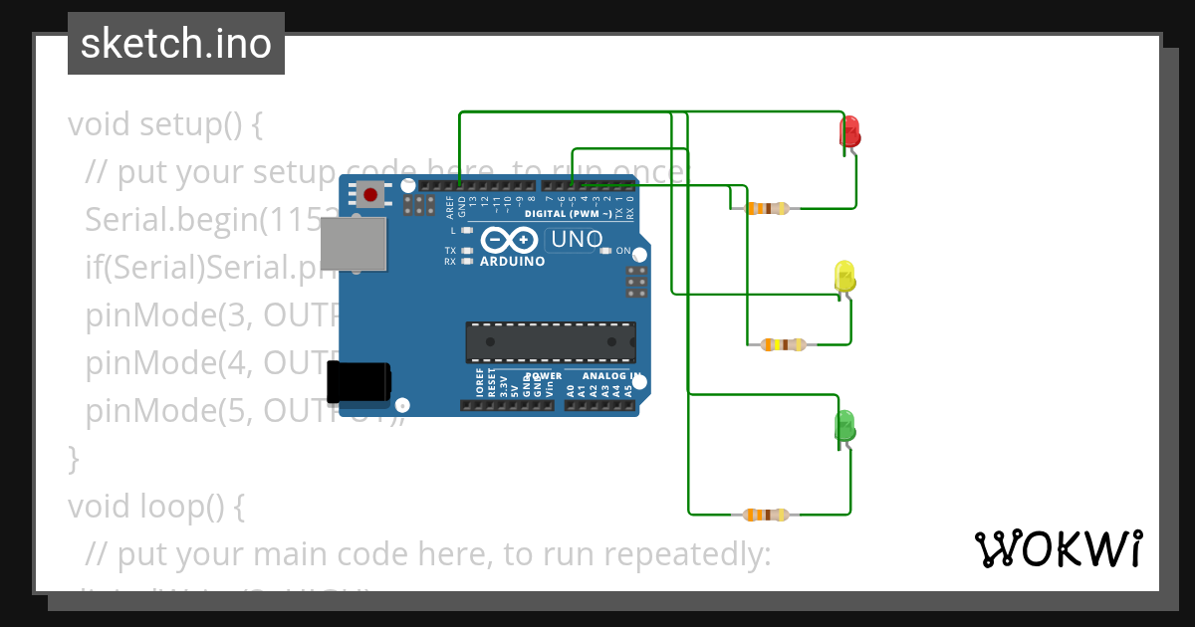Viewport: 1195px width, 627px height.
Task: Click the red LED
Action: pyautogui.click(x=850, y=132)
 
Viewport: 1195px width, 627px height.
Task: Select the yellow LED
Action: pyautogui.click(x=844, y=278)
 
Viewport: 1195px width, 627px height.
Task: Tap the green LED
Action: pyautogui.click(x=843, y=426)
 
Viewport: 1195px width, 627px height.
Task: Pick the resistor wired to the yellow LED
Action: pyautogui.click(x=783, y=345)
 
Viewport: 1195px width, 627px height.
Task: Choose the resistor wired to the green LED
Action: pyautogui.click(x=766, y=515)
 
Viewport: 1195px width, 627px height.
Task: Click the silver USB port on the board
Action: pyautogui.click(x=354, y=244)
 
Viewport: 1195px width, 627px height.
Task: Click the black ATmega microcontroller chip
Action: pyautogui.click(x=551, y=341)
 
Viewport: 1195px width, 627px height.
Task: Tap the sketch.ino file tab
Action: pyautogui.click(x=176, y=44)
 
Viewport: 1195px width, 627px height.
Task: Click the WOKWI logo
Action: pyautogui.click(x=1058, y=548)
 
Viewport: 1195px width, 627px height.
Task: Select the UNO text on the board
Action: pyautogui.click(x=577, y=239)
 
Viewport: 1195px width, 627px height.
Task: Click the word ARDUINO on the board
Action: pyautogui.click(x=513, y=262)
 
